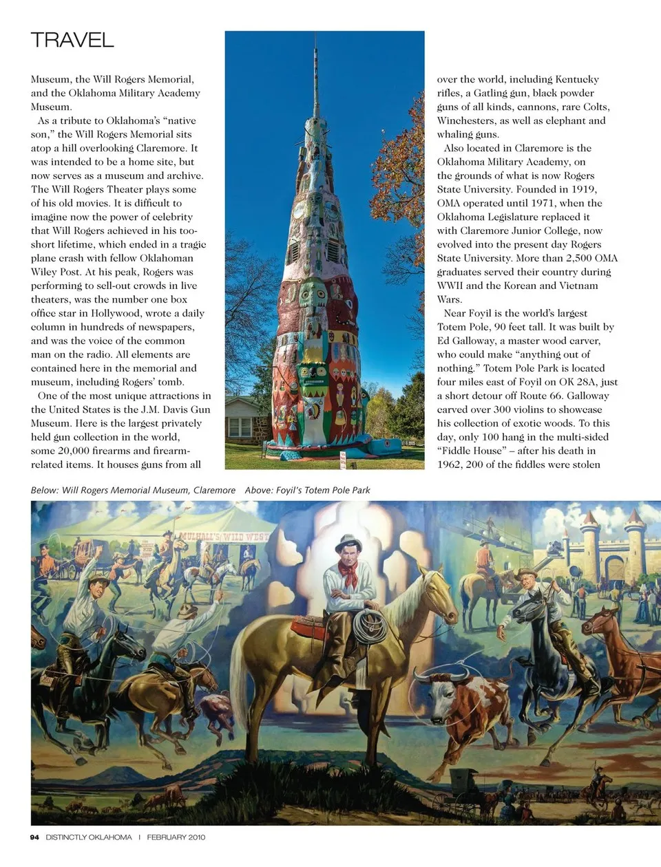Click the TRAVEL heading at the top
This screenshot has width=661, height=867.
point(72,40)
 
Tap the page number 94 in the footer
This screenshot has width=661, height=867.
point(34,837)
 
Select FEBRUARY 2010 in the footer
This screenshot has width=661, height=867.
point(176,837)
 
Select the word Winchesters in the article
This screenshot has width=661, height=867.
point(465,120)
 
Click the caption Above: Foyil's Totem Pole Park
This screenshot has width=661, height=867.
point(307,490)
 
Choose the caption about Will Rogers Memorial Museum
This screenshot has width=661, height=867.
point(133,490)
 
